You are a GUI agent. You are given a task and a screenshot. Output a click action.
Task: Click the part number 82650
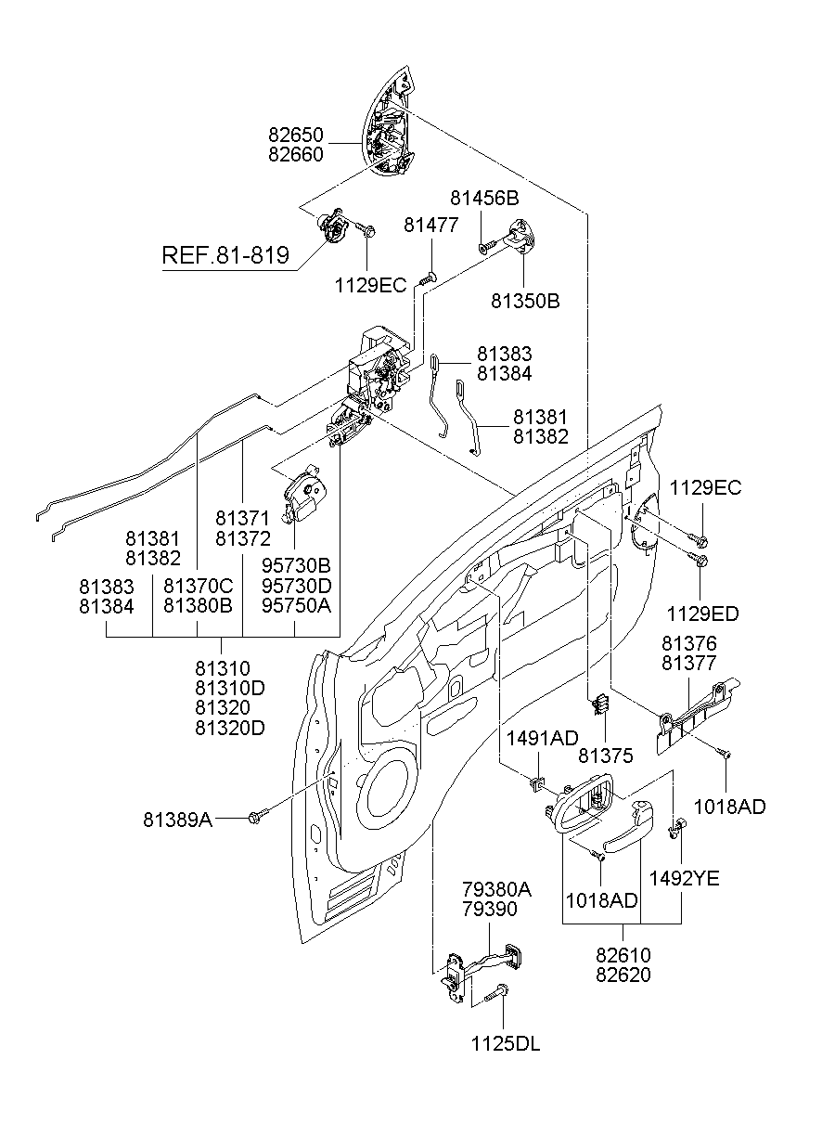296,136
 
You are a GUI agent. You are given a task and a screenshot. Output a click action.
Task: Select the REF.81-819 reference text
225,255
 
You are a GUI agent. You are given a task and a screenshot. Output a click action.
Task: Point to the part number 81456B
484,198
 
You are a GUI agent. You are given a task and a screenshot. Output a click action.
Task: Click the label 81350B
525,302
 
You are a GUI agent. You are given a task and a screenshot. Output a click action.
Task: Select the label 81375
605,756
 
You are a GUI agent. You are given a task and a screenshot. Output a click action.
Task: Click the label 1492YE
684,878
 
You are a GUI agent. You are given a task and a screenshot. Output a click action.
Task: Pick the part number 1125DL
505,1043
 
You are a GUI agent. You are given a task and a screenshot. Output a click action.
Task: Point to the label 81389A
177,820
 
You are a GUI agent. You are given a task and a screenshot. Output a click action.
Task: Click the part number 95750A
296,605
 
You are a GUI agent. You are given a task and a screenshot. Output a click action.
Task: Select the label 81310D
230,688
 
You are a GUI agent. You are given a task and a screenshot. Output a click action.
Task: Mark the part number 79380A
496,889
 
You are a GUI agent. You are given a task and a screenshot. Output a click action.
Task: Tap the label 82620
623,975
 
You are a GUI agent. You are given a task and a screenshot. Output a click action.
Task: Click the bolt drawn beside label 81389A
258,816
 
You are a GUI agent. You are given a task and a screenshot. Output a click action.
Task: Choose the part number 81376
689,643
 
